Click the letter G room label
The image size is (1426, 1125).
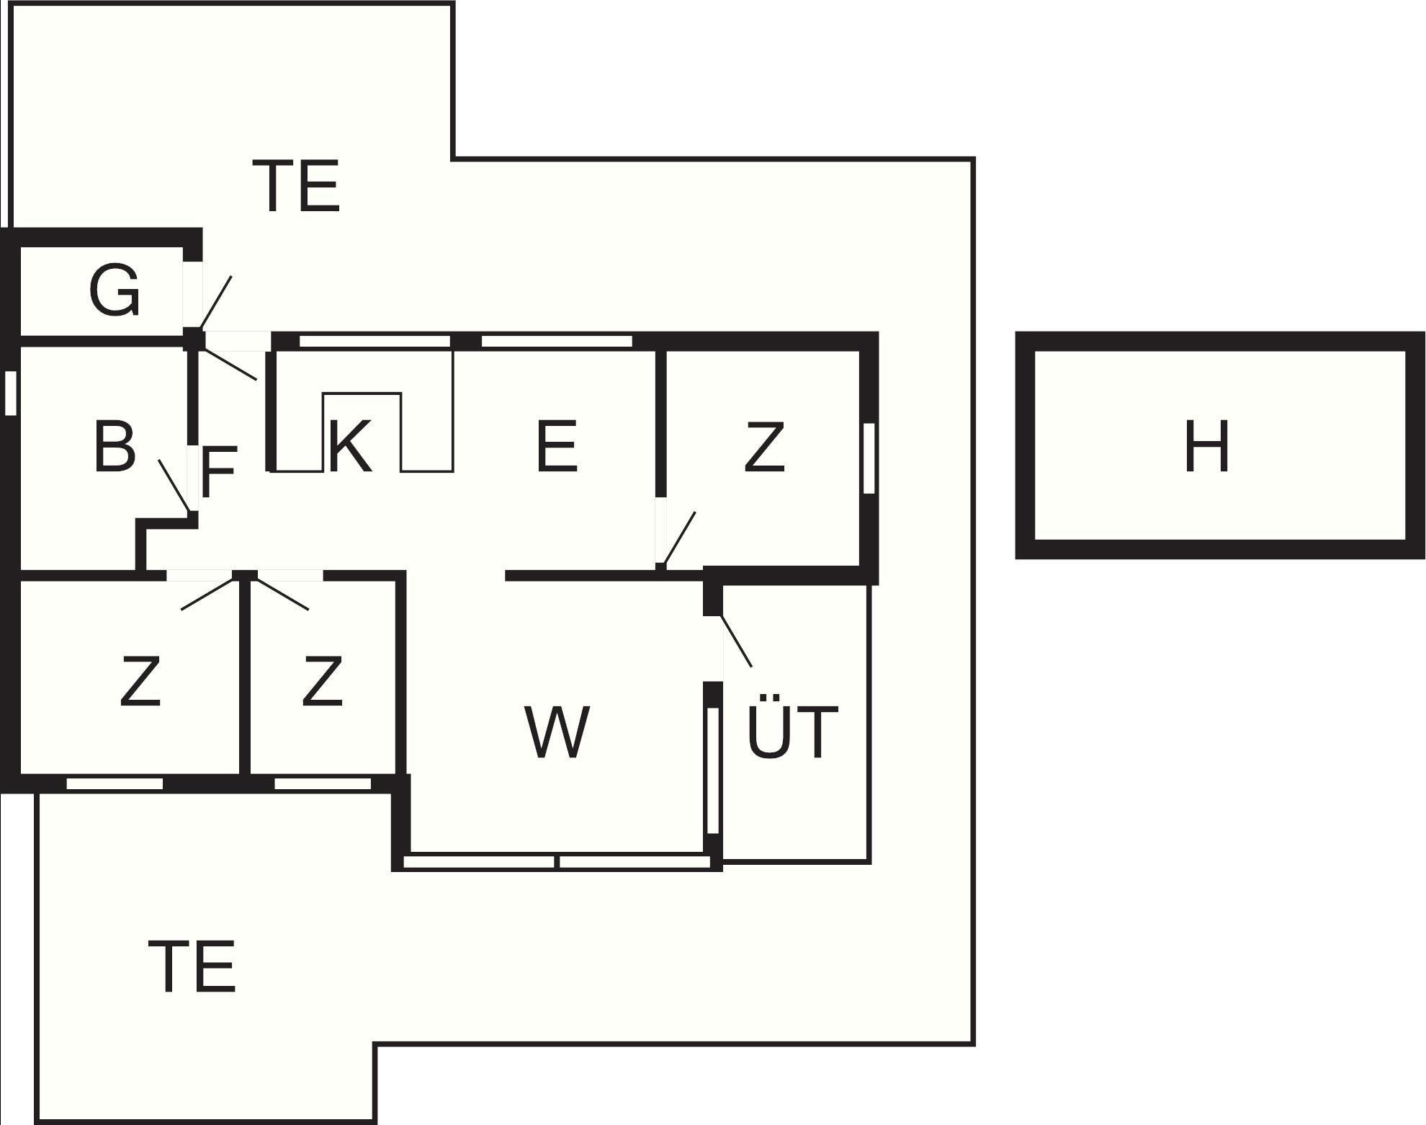tap(114, 290)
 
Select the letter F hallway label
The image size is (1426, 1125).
tap(218, 473)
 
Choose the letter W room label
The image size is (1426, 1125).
tap(557, 733)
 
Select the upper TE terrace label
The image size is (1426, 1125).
tap(296, 187)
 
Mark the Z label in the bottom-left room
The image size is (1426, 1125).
tap(140, 681)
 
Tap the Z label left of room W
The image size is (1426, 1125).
tap(321, 681)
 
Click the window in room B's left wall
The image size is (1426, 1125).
tap(10, 393)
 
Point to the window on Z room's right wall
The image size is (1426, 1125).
tap(869, 458)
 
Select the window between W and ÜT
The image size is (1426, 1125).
tap(713, 770)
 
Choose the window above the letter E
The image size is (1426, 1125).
tap(556, 341)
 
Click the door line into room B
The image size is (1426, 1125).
tap(174, 484)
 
